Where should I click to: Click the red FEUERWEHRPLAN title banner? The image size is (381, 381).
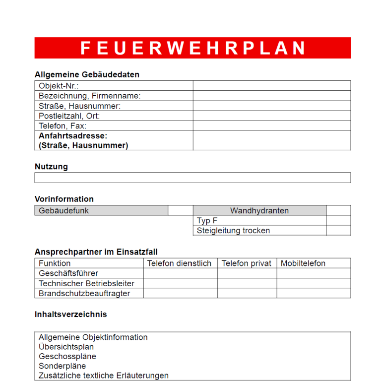pos(192,48)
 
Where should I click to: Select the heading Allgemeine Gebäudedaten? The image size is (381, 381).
pos(87,75)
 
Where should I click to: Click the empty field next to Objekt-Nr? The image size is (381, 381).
pos(271,86)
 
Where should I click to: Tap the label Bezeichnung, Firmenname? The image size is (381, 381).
pos(90,96)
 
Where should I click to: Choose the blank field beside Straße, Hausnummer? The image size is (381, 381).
pos(271,106)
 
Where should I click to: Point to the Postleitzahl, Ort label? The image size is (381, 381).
pos(69,116)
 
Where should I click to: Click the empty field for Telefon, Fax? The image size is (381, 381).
pos(271,126)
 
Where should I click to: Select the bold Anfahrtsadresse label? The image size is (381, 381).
pos(73,135)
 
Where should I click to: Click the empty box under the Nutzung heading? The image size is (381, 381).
pos(192,178)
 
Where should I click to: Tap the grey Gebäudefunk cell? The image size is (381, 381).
pos(101,210)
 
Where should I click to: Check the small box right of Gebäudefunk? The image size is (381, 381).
pos(180,210)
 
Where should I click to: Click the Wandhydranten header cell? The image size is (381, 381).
pos(259,210)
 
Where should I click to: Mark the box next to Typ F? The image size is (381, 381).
pos(338,220)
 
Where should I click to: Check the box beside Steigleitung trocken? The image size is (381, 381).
pos(338,230)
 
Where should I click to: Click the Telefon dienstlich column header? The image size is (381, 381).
pos(180,263)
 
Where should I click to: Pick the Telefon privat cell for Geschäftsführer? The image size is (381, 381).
pos(247,273)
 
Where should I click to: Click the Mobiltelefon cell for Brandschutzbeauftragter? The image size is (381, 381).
pos(314,293)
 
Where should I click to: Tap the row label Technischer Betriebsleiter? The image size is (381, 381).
pos(87,283)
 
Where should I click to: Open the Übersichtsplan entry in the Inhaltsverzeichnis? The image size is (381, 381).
pos(66,347)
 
